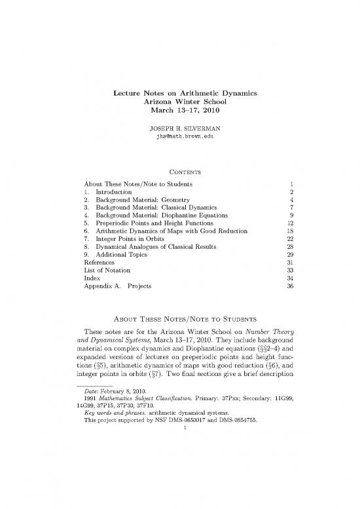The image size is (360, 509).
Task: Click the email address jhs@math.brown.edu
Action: (x=179, y=138)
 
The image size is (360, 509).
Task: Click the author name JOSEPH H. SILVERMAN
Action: (x=179, y=128)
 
